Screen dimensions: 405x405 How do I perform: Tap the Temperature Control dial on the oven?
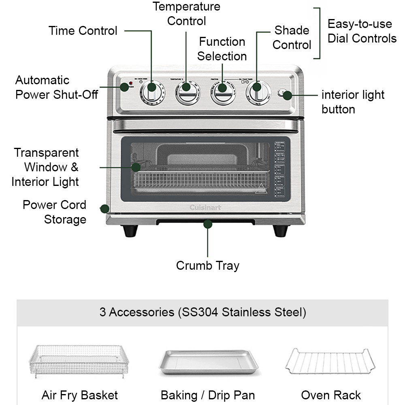pos(187,93)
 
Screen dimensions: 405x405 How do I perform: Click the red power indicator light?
pos(130,84)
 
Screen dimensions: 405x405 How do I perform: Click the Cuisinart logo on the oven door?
pos(206,208)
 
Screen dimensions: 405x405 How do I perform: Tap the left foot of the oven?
pos(130,231)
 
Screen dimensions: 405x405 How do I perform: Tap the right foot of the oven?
pos(280,231)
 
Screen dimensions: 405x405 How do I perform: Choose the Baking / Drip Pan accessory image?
pos(208,362)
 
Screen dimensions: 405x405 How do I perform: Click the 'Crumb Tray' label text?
pos(208,266)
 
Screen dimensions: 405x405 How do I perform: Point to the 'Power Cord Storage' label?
pos(55,212)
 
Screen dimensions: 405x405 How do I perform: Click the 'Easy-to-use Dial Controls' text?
pos(362,31)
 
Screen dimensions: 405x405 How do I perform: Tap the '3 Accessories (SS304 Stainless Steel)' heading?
pos(202,312)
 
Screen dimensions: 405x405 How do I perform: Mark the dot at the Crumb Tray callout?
pos(208,224)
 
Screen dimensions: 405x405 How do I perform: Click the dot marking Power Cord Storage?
pos(104,209)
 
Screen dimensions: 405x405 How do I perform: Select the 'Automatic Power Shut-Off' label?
pos(57,87)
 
